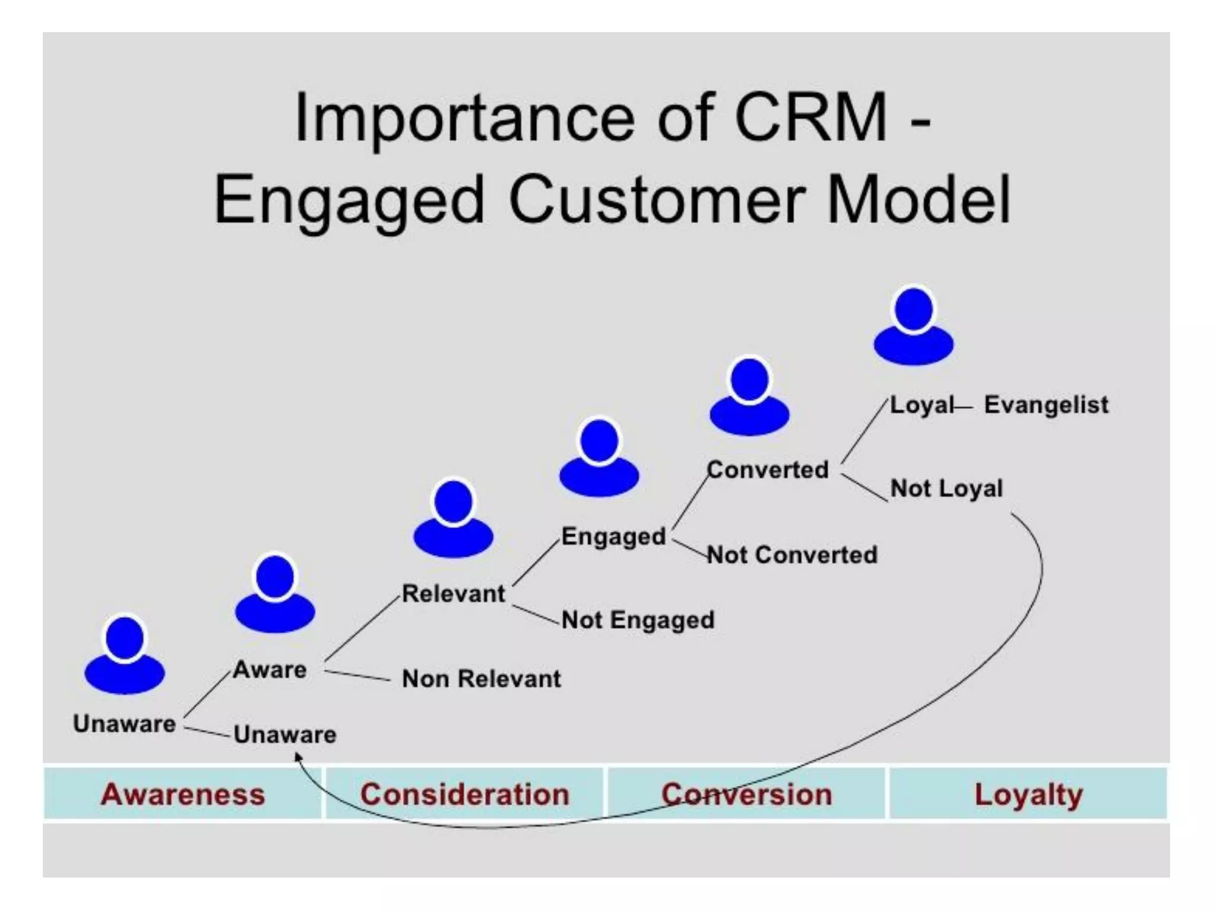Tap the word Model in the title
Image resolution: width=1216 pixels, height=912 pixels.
[x=918, y=199]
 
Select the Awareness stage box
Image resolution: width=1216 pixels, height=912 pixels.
[x=182, y=794]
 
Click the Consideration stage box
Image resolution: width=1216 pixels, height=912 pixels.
[x=464, y=794]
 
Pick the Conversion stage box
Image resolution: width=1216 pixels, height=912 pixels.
[x=746, y=794]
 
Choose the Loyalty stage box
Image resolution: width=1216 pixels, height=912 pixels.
[x=1028, y=794]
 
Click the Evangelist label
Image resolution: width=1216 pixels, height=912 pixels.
[x=1046, y=405]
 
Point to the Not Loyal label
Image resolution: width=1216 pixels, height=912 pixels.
[x=946, y=489]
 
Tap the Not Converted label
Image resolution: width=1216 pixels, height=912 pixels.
[x=792, y=555]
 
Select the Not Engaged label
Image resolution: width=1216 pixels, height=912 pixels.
[x=638, y=620]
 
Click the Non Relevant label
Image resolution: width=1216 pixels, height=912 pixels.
[x=481, y=679]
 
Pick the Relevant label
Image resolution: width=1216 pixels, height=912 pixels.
[x=454, y=594]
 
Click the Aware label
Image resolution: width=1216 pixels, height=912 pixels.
[x=270, y=670]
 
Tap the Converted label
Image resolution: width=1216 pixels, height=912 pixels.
[x=768, y=470]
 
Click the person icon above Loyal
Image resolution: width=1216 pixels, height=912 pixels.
[x=914, y=327]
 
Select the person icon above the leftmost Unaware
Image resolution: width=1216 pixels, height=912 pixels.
[x=125, y=655]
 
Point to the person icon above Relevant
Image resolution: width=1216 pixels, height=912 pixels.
[x=454, y=520]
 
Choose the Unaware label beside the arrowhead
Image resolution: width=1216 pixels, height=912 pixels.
[x=285, y=735]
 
